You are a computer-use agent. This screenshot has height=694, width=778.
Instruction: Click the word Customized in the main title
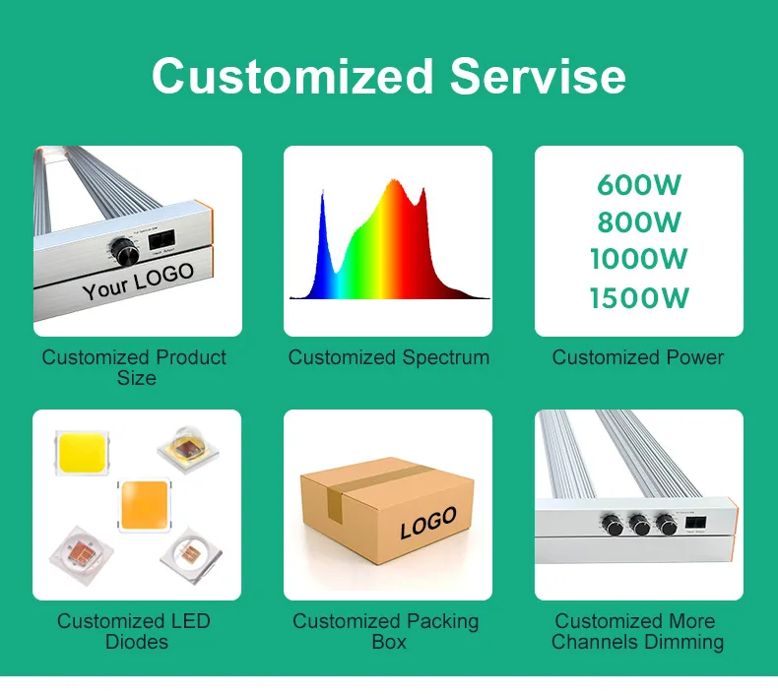coord(292,76)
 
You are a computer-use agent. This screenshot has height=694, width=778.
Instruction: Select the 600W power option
coord(638,185)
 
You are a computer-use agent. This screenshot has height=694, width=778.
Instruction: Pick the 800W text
coord(638,222)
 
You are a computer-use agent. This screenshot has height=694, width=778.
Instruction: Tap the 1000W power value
coord(638,260)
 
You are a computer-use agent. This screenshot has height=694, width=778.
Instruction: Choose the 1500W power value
coord(638,297)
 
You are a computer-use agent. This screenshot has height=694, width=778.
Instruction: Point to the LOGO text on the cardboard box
coord(428,523)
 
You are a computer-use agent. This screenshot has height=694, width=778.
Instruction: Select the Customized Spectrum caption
coord(388,357)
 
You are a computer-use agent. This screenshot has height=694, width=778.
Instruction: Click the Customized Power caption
coord(638,357)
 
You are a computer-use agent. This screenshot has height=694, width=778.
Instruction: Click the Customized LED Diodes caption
coord(134,631)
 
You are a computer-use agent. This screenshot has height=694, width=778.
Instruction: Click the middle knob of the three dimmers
coord(642,526)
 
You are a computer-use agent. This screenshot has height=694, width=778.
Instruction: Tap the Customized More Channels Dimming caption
coord(637,631)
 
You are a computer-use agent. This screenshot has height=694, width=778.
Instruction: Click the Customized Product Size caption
coord(135,367)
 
